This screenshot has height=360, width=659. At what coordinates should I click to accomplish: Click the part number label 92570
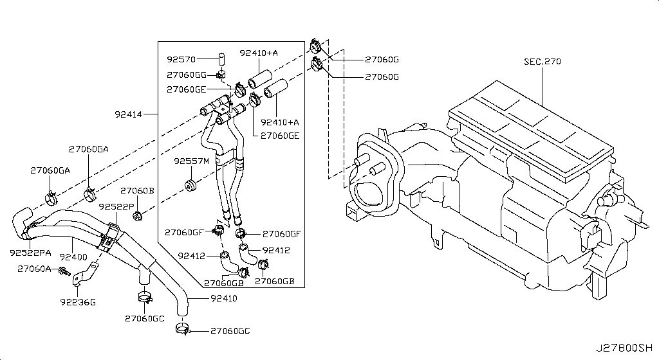[x=181, y=59]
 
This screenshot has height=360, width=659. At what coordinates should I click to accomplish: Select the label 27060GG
[x=187, y=75]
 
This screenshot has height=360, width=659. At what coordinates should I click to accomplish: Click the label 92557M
[x=191, y=161]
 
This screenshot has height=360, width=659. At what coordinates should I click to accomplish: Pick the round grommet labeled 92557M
[x=190, y=186]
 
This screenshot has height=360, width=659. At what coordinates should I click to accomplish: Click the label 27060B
[x=138, y=191]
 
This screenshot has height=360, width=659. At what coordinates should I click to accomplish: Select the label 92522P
[x=116, y=206]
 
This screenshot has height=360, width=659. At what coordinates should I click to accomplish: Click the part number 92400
[x=73, y=256]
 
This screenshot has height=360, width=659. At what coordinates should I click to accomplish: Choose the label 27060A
[x=35, y=269]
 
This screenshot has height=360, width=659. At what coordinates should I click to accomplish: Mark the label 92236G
[x=77, y=301]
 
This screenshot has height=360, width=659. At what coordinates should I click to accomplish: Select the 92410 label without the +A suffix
[x=224, y=298]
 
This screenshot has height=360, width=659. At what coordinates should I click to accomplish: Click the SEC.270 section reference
[x=542, y=62]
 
